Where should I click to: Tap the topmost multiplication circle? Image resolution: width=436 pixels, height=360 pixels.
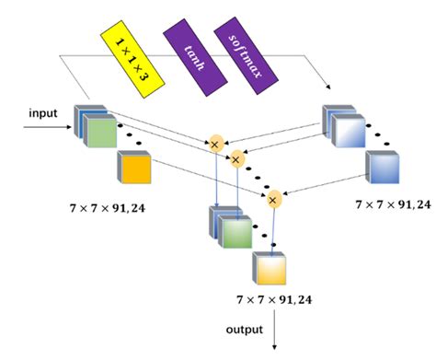215,144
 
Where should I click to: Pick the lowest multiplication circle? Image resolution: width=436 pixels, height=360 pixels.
273,197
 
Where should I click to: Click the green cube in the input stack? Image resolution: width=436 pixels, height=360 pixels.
100,134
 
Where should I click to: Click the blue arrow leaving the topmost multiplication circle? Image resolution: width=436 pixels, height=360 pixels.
215,180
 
